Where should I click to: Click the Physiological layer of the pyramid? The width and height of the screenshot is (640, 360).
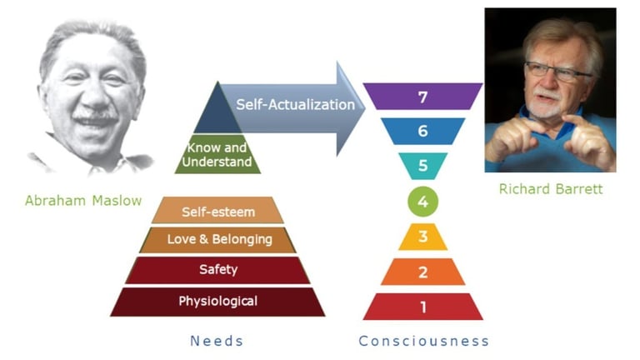click(x=217, y=301)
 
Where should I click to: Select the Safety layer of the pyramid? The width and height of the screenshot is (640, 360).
click(x=217, y=270)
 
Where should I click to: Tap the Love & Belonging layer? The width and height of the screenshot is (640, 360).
click(x=217, y=240)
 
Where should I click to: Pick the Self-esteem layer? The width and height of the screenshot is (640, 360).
click(x=217, y=211)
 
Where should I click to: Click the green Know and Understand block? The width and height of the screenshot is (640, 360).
click(x=218, y=155)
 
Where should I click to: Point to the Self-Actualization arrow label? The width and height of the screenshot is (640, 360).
click(x=295, y=105)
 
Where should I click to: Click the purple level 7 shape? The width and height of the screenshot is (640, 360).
click(x=422, y=97)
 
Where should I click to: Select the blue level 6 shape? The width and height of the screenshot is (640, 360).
click(x=422, y=132)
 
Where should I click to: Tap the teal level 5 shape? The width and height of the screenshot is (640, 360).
click(x=422, y=166)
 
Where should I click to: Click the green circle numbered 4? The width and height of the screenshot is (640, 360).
click(x=422, y=201)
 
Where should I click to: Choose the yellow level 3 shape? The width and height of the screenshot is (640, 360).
click(x=422, y=237)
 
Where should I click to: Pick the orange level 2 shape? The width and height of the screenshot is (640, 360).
click(x=422, y=272)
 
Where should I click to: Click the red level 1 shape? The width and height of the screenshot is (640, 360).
click(x=422, y=307)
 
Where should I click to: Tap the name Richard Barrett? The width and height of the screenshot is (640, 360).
click(x=550, y=189)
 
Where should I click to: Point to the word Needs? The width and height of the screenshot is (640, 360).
click(x=218, y=341)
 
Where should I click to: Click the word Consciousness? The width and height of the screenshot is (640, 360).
click(x=423, y=341)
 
